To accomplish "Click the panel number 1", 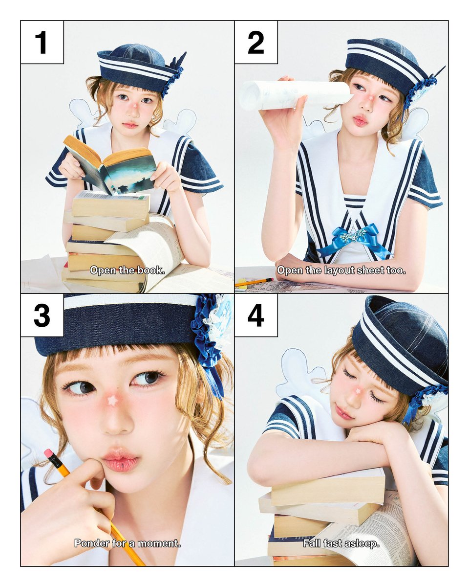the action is [x=42, y=42].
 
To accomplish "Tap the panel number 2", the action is [x=256, y=42].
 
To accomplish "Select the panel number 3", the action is [x=42, y=316].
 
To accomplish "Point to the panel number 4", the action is [x=256, y=316].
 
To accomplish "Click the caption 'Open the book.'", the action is [x=128, y=271].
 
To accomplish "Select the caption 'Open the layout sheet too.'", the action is [x=341, y=271].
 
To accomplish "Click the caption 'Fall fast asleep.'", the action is [x=341, y=543].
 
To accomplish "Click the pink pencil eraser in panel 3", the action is [x=49, y=454].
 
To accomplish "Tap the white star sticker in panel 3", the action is [x=112, y=401].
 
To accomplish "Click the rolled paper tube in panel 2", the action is [x=294, y=95].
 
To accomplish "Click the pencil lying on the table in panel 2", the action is [x=254, y=282].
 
